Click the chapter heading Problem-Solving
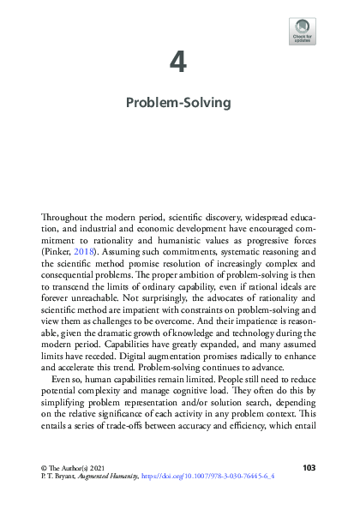click(179, 103)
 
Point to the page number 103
click(310, 466)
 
